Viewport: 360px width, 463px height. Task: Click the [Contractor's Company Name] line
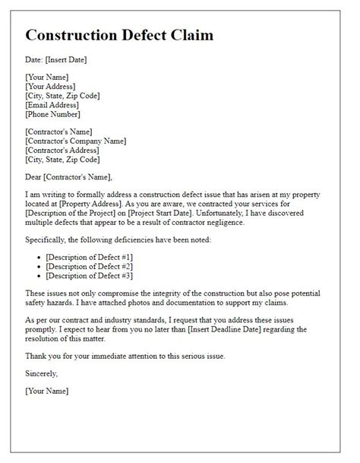pyautogui.click(x=76, y=141)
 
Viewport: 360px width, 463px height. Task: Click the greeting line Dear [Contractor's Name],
pyautogui.click(x=68, y=177)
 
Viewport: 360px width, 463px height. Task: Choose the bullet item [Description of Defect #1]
pyautogui.click(x=90, y=258)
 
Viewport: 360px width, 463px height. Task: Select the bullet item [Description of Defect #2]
pyautogui.click(x=90, y=268)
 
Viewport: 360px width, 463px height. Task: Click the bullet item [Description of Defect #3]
pyautogui.click(x=90, y=277)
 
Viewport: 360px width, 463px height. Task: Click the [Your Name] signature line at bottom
pyautogui.click(x=47, y=391)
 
